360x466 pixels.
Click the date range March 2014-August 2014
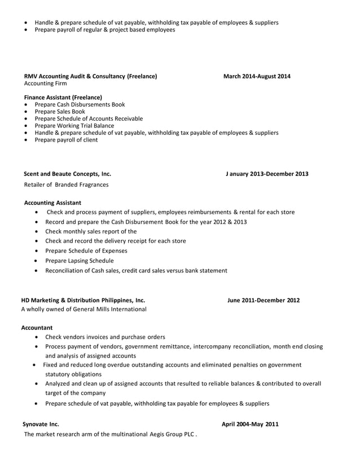pyautogui.click(x=257, y=76)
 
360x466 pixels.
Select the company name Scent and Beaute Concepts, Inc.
pyautogui.click(x=67, y=174)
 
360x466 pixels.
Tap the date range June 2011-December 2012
pyautogui.click(x=264, y=300)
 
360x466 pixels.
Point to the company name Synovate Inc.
pyautogui.click(x=40, y=424)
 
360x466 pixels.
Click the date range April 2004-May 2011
pyautogui.click(x=250, y=424)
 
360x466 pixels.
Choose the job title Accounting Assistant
pyautogui.click(x=53, y=203)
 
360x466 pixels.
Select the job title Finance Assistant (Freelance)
pyautogui.click(x=63, y=98)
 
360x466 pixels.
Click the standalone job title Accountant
pyautogui.click(x=37, y=327)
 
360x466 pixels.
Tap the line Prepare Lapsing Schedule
pyautogui.click(x=79, y=261)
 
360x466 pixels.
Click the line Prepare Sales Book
pyautogui.click(x=60, y=112)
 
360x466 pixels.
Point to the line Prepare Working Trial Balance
pyautogui.click(x=74, y=126)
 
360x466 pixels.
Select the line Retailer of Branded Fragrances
pyautogui.click(x=67, y=184)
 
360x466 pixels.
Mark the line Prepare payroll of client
pyautogui.click(x=66, y=140)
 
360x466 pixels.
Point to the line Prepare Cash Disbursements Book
pyautogui.click(x=80, y=104)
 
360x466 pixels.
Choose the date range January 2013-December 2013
pyautogui.click(x=267, y=174)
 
